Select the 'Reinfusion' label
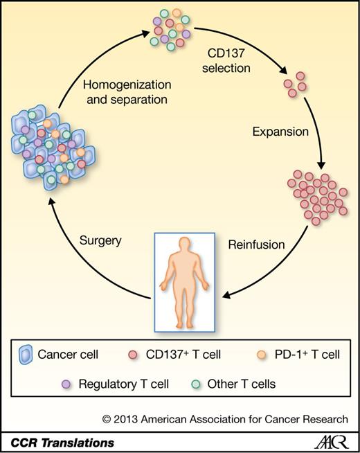coord(251,245)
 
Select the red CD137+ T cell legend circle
coord(133,355)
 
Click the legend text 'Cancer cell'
coord(69,355)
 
